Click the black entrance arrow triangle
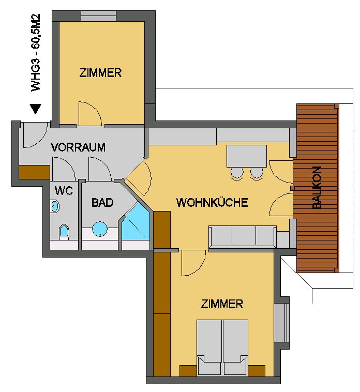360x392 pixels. tap(36, 109)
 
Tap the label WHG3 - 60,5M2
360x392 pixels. tap(36, 53)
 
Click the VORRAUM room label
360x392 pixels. tap(78, 147)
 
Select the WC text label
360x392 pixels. tap(64, 191)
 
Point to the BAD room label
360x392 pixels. tap(102, 203)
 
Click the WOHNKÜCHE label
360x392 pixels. tap(212, 202)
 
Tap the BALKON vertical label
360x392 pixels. tap(317, 188)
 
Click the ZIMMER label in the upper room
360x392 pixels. tap(100, 73)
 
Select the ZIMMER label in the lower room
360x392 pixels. tap(222, 304)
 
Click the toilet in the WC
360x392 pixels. tap(64, 232)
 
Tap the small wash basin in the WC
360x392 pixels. tap(55, 206)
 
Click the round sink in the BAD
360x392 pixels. tap(100, 229)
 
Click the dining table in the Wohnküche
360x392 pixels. tap(247, 156)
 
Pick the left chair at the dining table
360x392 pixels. tap(237, 174)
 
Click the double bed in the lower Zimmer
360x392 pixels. tap(222, 348)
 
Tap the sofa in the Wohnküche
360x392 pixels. tap(243, 237)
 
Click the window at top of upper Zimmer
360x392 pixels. tap(98, 16)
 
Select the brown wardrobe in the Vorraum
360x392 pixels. tap(34, 172)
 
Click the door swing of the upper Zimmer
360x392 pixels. tap(90, 113)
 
